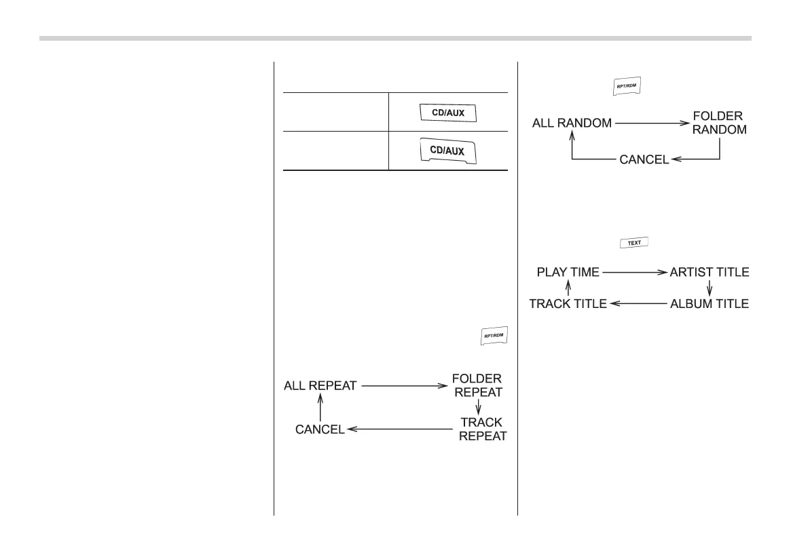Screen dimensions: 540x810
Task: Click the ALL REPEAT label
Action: (x=320, y=386)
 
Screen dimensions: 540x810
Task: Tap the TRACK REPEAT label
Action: (x=482, y=429)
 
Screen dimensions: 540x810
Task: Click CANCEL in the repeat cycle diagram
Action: (x=319, y=429)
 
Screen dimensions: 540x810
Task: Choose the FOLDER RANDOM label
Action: (x=721, y=123)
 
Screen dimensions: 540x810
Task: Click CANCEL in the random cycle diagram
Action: (x=644, y=159)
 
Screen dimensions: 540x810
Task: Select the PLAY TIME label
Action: (x=568, y=272)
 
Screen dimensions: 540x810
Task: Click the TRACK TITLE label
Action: (x=568, y=304)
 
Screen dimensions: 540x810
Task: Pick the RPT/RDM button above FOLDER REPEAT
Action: (x=494, y=336)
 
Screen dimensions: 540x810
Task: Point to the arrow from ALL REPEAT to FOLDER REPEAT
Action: (x=403, y=386)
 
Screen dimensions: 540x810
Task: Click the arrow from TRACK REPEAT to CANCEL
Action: (x=399, y=429)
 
